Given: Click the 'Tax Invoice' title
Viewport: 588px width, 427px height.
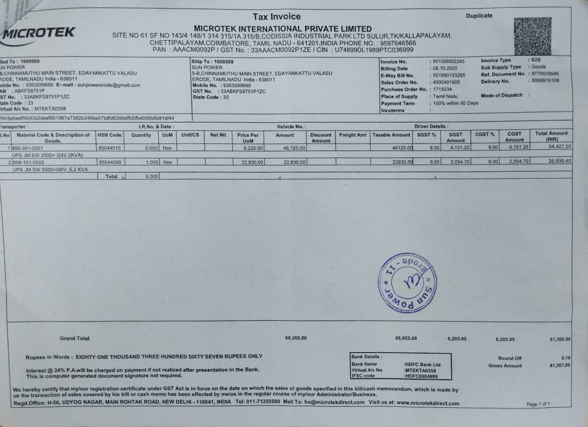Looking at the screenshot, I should coord(276,16).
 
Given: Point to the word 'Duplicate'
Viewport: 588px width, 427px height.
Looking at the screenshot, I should coord(479,16).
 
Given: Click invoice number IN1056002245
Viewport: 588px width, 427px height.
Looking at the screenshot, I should coord(449,62).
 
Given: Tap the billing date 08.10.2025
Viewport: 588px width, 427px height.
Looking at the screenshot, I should coord(445,69).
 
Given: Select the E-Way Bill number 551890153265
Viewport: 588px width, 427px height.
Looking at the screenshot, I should coord(449,76).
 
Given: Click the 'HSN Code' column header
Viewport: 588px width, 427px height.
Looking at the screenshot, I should coord(110,135).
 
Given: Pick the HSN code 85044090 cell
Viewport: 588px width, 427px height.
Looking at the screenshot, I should coord(110,162).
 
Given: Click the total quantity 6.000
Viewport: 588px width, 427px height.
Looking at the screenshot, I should coord(152,176).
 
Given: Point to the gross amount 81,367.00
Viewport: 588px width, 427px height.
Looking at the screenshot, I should coord(560,365).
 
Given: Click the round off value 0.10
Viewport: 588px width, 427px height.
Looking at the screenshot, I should coord(566,358).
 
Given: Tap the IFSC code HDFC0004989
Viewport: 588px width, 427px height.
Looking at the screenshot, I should coord(421,376).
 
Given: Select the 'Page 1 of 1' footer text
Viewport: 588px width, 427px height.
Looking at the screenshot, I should coord(538,404).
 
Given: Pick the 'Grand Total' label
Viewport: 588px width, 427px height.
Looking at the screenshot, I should coord(74,338).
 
